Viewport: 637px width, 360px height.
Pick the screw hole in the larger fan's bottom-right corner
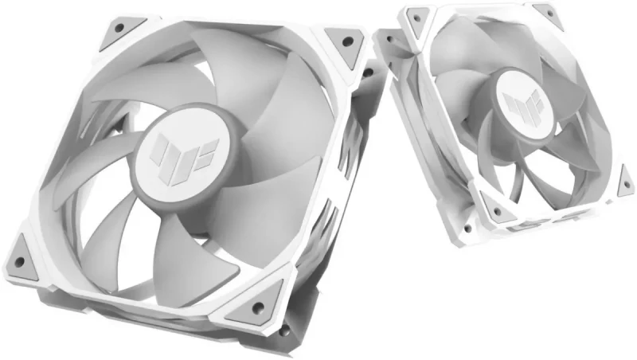[259, 306]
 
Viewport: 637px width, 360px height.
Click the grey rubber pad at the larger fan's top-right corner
[342, 42]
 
